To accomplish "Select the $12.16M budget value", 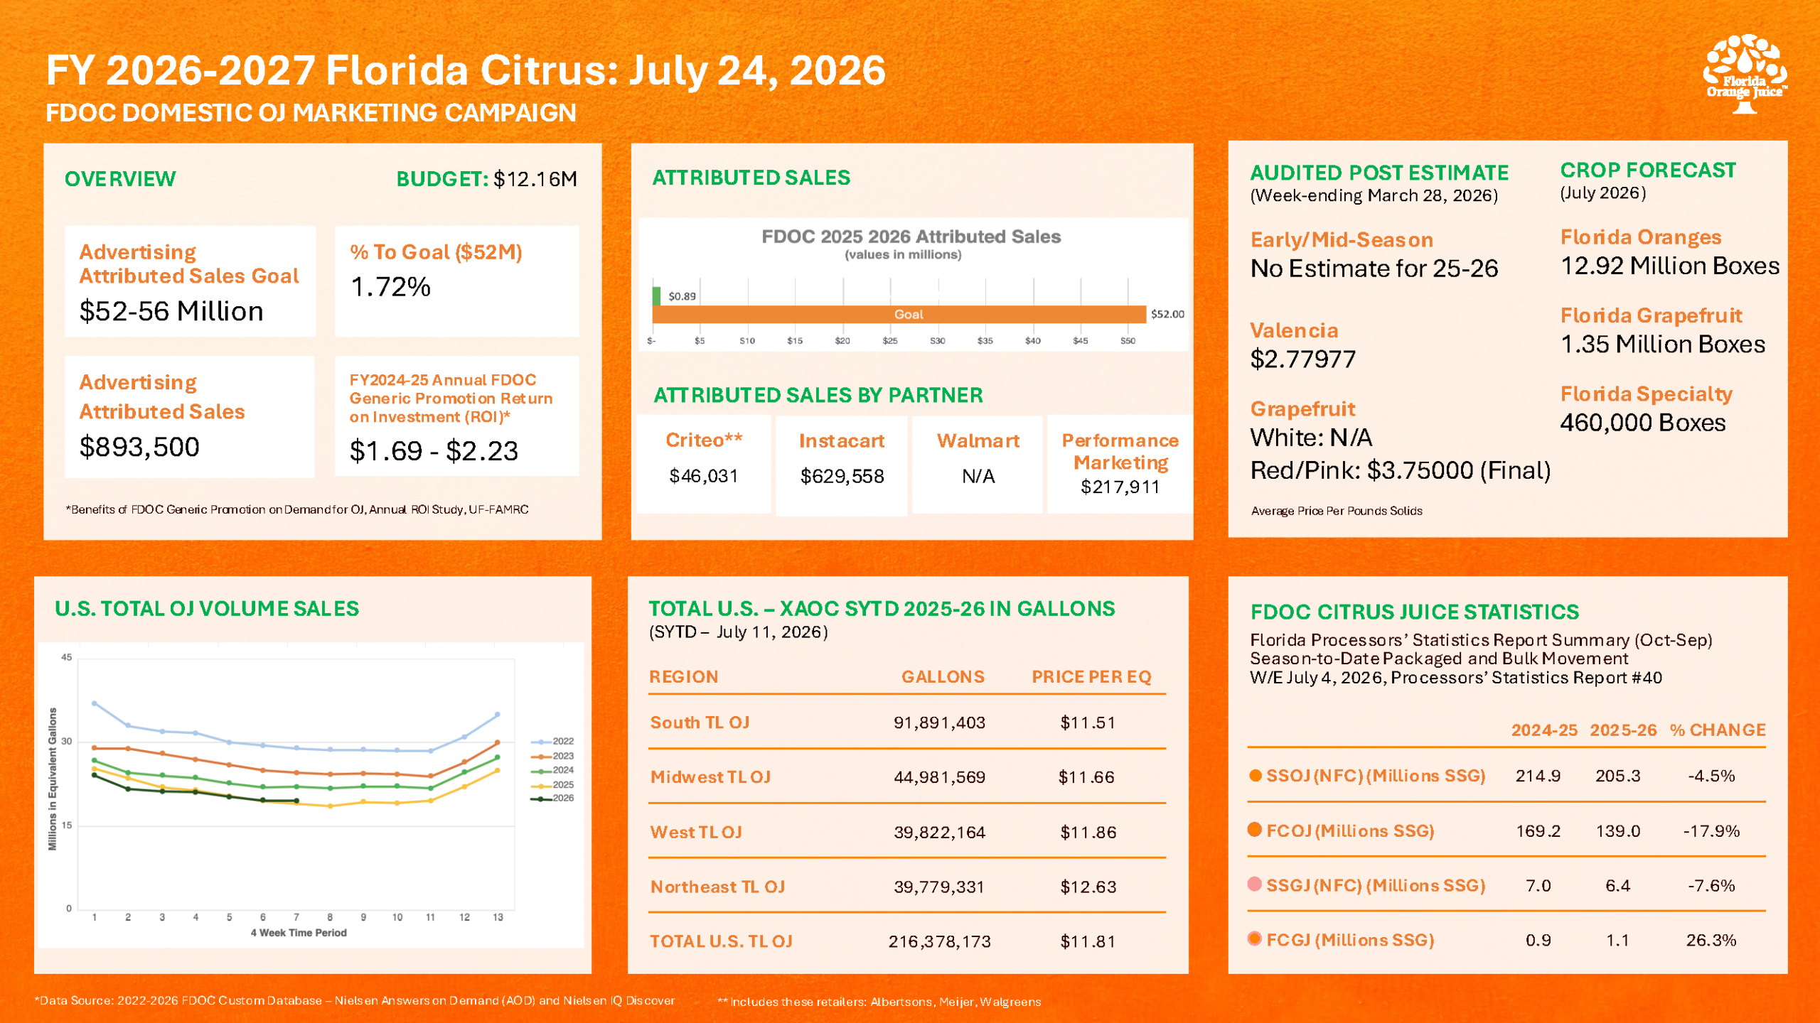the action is (535, 179).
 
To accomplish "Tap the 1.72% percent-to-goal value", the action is (390, 287).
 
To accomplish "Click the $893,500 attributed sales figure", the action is (139, 447).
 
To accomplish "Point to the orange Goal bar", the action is (899, 314).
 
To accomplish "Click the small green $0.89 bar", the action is (656, 296).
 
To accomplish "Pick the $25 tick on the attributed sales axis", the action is (889, 341).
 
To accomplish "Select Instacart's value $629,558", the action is (842, 476).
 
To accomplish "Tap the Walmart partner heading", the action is (978, 440).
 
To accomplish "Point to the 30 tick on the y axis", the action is (66, 741).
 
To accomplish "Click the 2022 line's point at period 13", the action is (498, 714).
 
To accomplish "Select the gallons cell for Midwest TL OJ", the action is (939, 777).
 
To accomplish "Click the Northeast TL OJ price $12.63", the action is (1088, 887).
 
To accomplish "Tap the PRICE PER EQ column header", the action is (1091, 676).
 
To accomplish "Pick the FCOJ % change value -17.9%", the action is (1711, 831).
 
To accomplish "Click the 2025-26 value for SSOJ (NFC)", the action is (1617, 776).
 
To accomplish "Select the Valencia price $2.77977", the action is (1302, 359).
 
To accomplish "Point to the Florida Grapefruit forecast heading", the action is (1651, 315).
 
